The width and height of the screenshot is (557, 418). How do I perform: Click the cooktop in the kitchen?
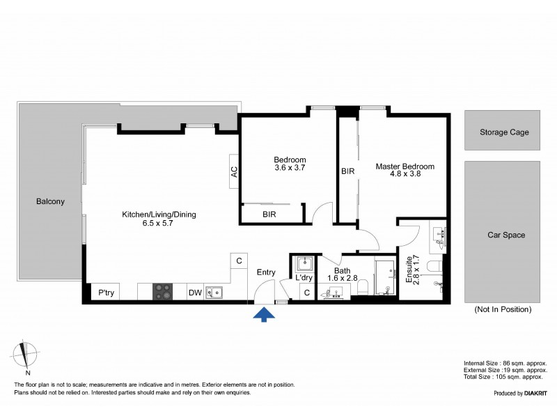coord(163,292)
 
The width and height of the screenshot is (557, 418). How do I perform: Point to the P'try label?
coord(106,293)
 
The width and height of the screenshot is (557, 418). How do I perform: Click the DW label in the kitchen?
coord(196,293)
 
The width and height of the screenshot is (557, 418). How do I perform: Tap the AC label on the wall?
coord(235,171)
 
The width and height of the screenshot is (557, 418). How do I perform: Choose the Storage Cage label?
coord(504,132)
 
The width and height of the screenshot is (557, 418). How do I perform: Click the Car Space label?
coord(505,235)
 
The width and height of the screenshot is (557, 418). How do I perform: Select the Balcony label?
coord(50,202)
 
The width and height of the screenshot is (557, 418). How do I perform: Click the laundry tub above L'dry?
coord(304,265)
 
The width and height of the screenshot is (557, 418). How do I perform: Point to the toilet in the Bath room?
coord(360,292)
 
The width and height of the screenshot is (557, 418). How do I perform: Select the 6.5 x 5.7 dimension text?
coord(159,225)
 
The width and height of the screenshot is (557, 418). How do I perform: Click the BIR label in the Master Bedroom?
coord(347,171)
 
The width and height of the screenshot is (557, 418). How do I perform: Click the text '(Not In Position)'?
coord(503,309)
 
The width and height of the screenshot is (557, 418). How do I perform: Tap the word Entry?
coord(266,272)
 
